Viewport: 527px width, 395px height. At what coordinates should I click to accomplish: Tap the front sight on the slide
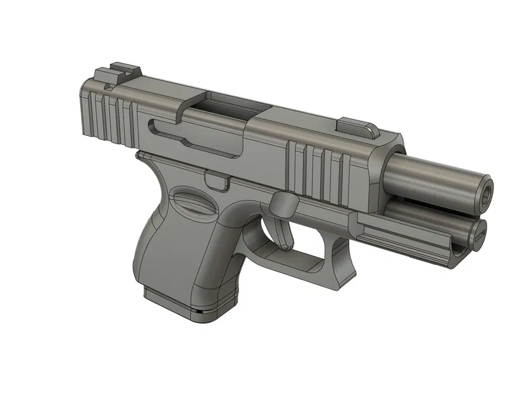click(357, 125)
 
